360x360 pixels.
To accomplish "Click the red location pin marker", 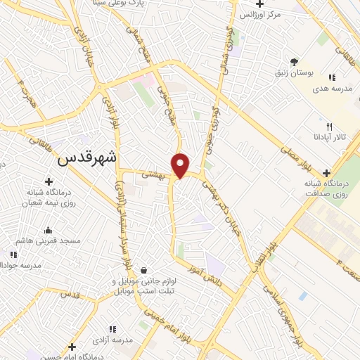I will (181, 165).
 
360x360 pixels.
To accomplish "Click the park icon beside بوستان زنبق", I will (295, 61).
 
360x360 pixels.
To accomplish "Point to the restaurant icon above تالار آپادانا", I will (329, 127).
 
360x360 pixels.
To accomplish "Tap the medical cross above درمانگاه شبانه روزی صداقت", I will (326, 173).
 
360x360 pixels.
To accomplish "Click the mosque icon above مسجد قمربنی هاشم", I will (48, 230).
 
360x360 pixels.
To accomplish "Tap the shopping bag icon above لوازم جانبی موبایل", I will (144, 269).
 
